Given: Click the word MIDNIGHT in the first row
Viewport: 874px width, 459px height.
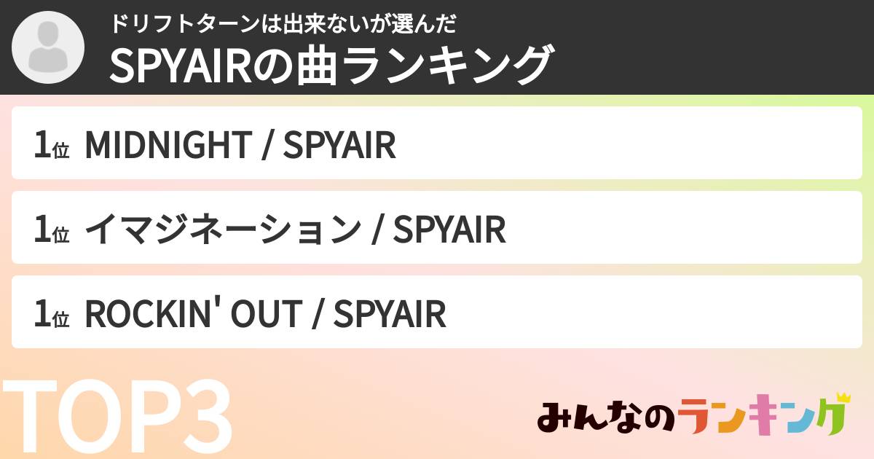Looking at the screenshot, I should [167, 145].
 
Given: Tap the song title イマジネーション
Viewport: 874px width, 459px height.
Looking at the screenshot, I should [222, 230].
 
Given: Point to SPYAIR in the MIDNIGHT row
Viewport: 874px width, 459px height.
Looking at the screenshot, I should [339, 145].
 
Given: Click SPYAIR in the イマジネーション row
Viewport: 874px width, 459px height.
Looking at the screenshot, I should [449, 230].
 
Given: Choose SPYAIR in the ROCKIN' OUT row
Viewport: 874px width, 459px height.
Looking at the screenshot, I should [389, 314].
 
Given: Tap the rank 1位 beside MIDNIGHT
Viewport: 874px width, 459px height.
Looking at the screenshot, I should [51, 145].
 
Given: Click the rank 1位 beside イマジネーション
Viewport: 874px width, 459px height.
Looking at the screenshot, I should [51, 230].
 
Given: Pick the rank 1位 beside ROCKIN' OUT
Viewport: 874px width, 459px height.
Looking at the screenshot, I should [51, 314].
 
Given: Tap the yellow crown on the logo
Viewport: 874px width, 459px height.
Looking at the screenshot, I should [843, 398].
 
